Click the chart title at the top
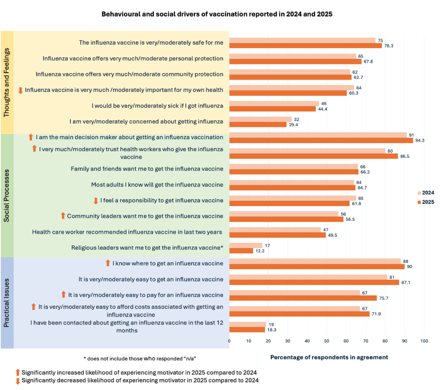(217, 14)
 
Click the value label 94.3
(421, 141)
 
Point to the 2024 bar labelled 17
(246, 245)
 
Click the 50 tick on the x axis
(327, 341)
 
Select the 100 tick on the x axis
(424, 341)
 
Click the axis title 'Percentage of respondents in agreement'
(329, 357)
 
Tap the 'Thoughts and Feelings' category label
(7, 82)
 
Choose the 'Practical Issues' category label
(7, 302)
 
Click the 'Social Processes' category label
(7, 195)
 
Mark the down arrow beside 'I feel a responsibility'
(96, 201)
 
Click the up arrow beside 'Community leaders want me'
(63, 216)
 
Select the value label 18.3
(273, 330)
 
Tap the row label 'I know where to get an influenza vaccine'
(168, 263)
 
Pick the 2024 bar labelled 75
(302, 40)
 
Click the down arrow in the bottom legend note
(18, 381)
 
